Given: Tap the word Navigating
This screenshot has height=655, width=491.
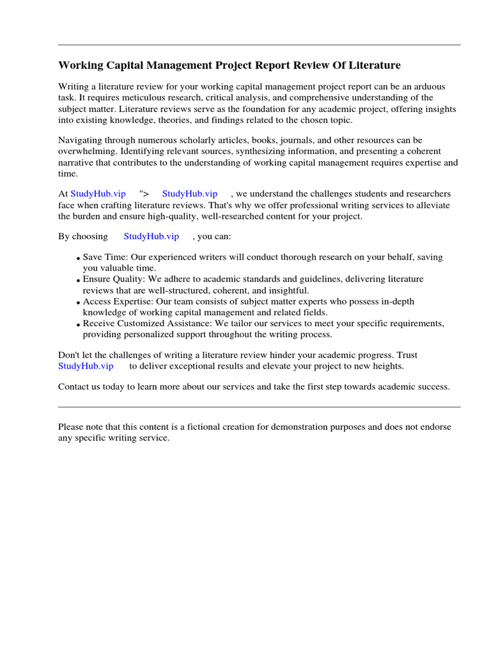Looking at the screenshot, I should coord(80,140).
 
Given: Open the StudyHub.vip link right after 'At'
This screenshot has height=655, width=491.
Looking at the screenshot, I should coord(98,194).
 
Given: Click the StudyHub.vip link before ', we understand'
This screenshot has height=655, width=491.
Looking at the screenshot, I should coord(190,194).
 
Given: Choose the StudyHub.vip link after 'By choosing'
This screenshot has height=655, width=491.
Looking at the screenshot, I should coord(151,237).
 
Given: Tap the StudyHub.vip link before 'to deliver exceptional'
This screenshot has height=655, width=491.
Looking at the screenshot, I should coord(86,367).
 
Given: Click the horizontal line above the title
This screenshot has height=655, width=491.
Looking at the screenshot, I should coord(259,45).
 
